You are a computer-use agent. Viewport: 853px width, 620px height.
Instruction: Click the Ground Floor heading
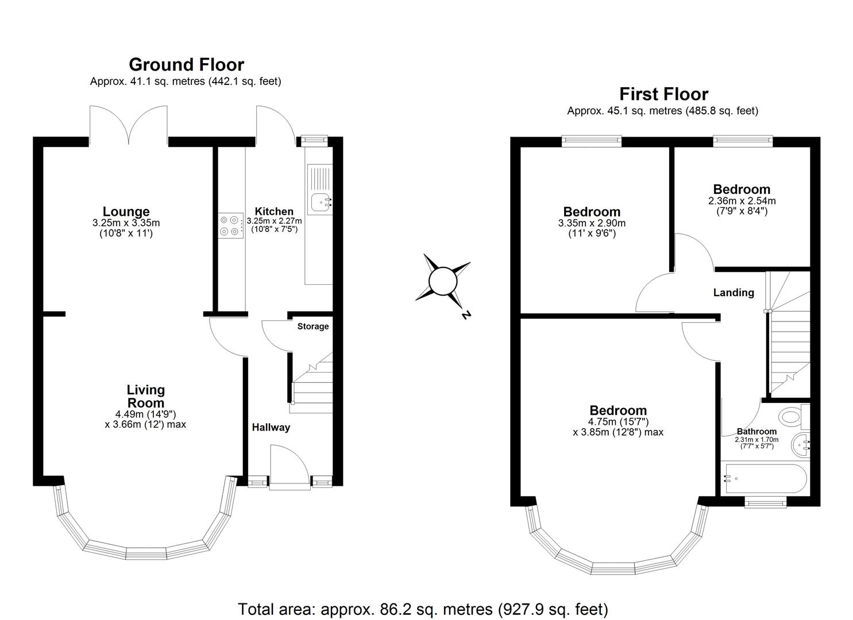(186, 64)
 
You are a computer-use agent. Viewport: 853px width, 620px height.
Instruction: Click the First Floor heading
(663, 94)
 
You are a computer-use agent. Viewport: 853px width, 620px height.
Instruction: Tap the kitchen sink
(320, 201)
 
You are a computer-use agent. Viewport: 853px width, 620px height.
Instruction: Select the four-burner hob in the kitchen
(230, 225)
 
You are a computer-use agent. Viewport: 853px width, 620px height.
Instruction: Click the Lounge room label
(126, 211)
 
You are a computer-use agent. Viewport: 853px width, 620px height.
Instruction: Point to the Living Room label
(145, 396)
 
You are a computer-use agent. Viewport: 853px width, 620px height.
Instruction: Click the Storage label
(313, 327)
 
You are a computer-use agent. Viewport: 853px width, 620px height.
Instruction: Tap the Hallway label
(271, 427)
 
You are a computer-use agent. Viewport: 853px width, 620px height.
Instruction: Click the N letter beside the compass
(466, 315)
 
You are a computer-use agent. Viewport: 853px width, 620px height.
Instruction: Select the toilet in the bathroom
(792, 416)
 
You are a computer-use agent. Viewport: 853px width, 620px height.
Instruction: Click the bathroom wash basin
(800, 444)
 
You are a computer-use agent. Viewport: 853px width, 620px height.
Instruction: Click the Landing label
(734, 293)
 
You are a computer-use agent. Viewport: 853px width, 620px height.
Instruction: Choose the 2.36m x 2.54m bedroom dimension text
(742, 201)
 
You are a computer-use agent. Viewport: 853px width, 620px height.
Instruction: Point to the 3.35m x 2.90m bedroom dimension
(592, 223)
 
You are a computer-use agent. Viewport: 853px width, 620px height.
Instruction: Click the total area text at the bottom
(423, 609)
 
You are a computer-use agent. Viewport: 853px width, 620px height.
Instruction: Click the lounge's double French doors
(129, 123)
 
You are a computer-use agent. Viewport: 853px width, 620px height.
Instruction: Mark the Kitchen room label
(274, 211)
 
